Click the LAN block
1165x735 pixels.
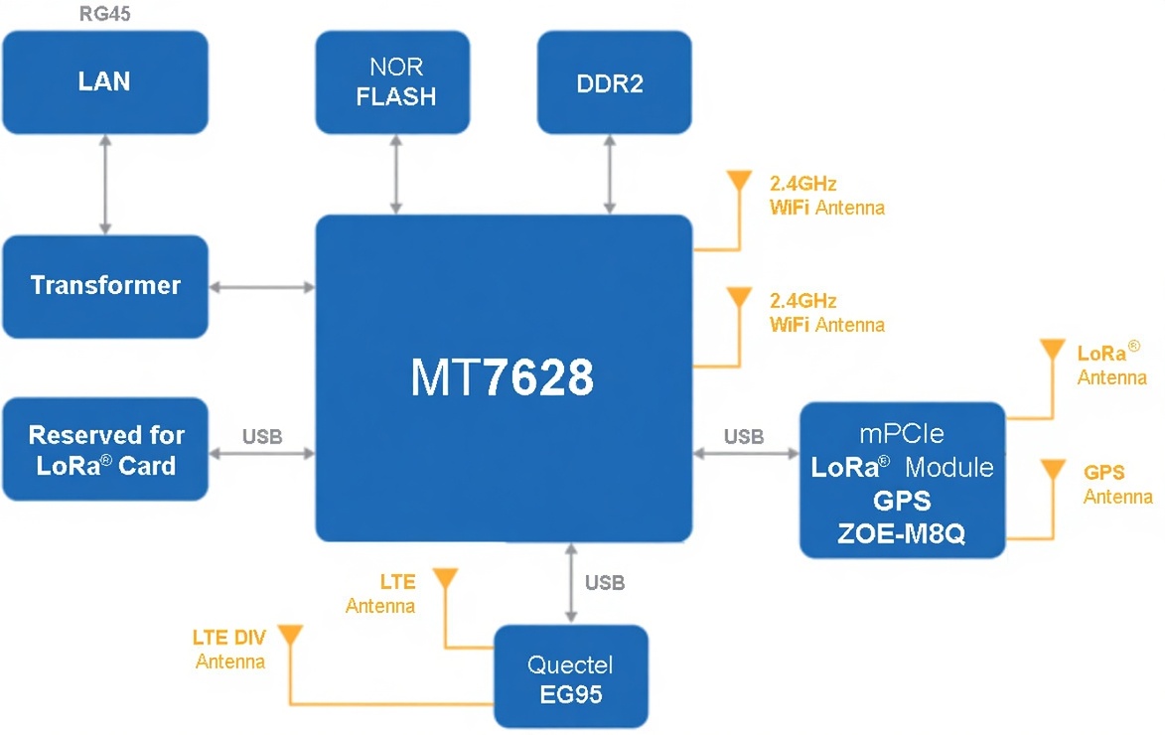tap(104, 81)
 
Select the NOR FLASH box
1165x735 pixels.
tap(393, 81)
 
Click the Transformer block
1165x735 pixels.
tap(104, 286)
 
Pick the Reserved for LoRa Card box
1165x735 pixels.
tap(104, 449)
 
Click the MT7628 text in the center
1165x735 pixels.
tap(503, 377)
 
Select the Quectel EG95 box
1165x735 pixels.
tap(571, 678)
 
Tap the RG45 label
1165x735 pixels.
tap(104, 13)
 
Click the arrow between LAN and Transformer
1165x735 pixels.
tap(104, 184)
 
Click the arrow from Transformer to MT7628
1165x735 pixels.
tap(262, 287)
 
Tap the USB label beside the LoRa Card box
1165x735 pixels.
tap(262, 436)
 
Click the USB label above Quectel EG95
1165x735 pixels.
tap(605, 583)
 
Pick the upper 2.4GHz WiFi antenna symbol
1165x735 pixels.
tap(738, 183)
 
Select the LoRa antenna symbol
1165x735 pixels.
tap(1050, 352)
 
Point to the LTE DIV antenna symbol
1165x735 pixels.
tap(288, 636)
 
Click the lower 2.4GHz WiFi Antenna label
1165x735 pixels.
tap(826, 313)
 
